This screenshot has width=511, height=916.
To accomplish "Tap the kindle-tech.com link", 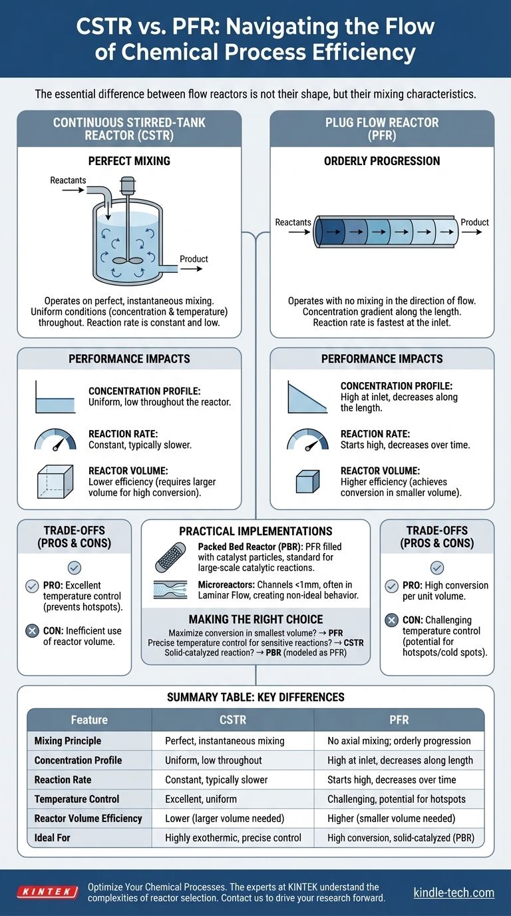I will click(x=453, y=892).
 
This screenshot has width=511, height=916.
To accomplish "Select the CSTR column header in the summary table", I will click(x=232, y=720).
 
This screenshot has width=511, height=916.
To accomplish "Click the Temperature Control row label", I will click(x=77, y=799).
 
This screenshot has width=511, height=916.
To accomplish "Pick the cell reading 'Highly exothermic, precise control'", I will click(x=233, y=838).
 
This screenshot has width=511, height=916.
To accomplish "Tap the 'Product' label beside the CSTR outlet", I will click(x=194, y=259).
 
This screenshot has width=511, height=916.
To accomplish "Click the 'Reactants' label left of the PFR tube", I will click(x=293, y=222).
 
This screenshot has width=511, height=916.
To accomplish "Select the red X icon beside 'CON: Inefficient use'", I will click(x=31, y=630).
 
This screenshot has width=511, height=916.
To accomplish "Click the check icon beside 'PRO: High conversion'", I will click(x=393, y=586).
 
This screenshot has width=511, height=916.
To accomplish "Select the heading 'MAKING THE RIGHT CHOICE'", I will click(x=255, y=619).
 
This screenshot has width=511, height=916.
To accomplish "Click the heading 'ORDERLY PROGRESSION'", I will click(x=382, y=160).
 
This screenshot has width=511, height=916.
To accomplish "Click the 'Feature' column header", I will click(x=89, y=720).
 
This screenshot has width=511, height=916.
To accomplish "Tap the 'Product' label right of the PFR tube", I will click(x=474, y=222).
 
